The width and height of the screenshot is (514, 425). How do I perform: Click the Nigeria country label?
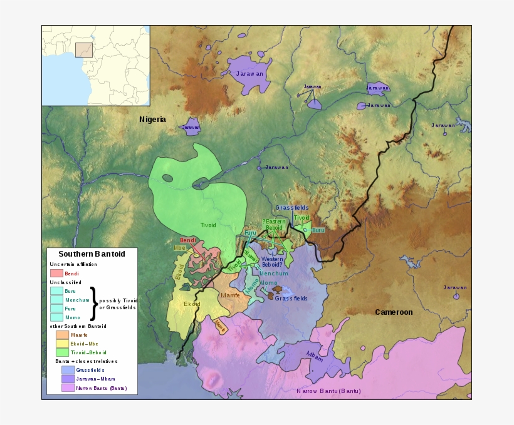[152, 119]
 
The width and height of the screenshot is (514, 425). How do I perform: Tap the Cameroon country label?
[394, 312]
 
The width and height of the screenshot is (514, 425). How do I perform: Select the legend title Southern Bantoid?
[92, 254]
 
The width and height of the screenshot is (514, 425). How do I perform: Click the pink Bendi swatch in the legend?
[56, 273]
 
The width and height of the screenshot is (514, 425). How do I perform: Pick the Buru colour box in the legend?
[56, 291]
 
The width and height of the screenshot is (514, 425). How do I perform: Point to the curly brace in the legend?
[94, 304]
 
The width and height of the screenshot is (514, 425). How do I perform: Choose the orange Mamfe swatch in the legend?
[62, 335]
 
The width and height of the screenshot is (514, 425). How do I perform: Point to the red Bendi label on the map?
[188, 240]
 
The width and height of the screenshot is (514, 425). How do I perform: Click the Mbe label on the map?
[180, 248]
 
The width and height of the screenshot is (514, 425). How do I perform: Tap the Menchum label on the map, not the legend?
[274, 273]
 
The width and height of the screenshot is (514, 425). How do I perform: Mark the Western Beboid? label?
[272, 262]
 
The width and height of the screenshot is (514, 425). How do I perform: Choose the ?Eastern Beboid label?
[274, 224]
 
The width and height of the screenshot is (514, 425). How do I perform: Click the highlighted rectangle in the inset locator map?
[84, 49]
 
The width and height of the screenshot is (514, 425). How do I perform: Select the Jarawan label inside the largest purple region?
[249, 73]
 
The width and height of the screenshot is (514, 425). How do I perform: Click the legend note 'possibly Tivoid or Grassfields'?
[118, 304]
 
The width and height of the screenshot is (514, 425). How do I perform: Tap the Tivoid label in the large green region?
[208, 225]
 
